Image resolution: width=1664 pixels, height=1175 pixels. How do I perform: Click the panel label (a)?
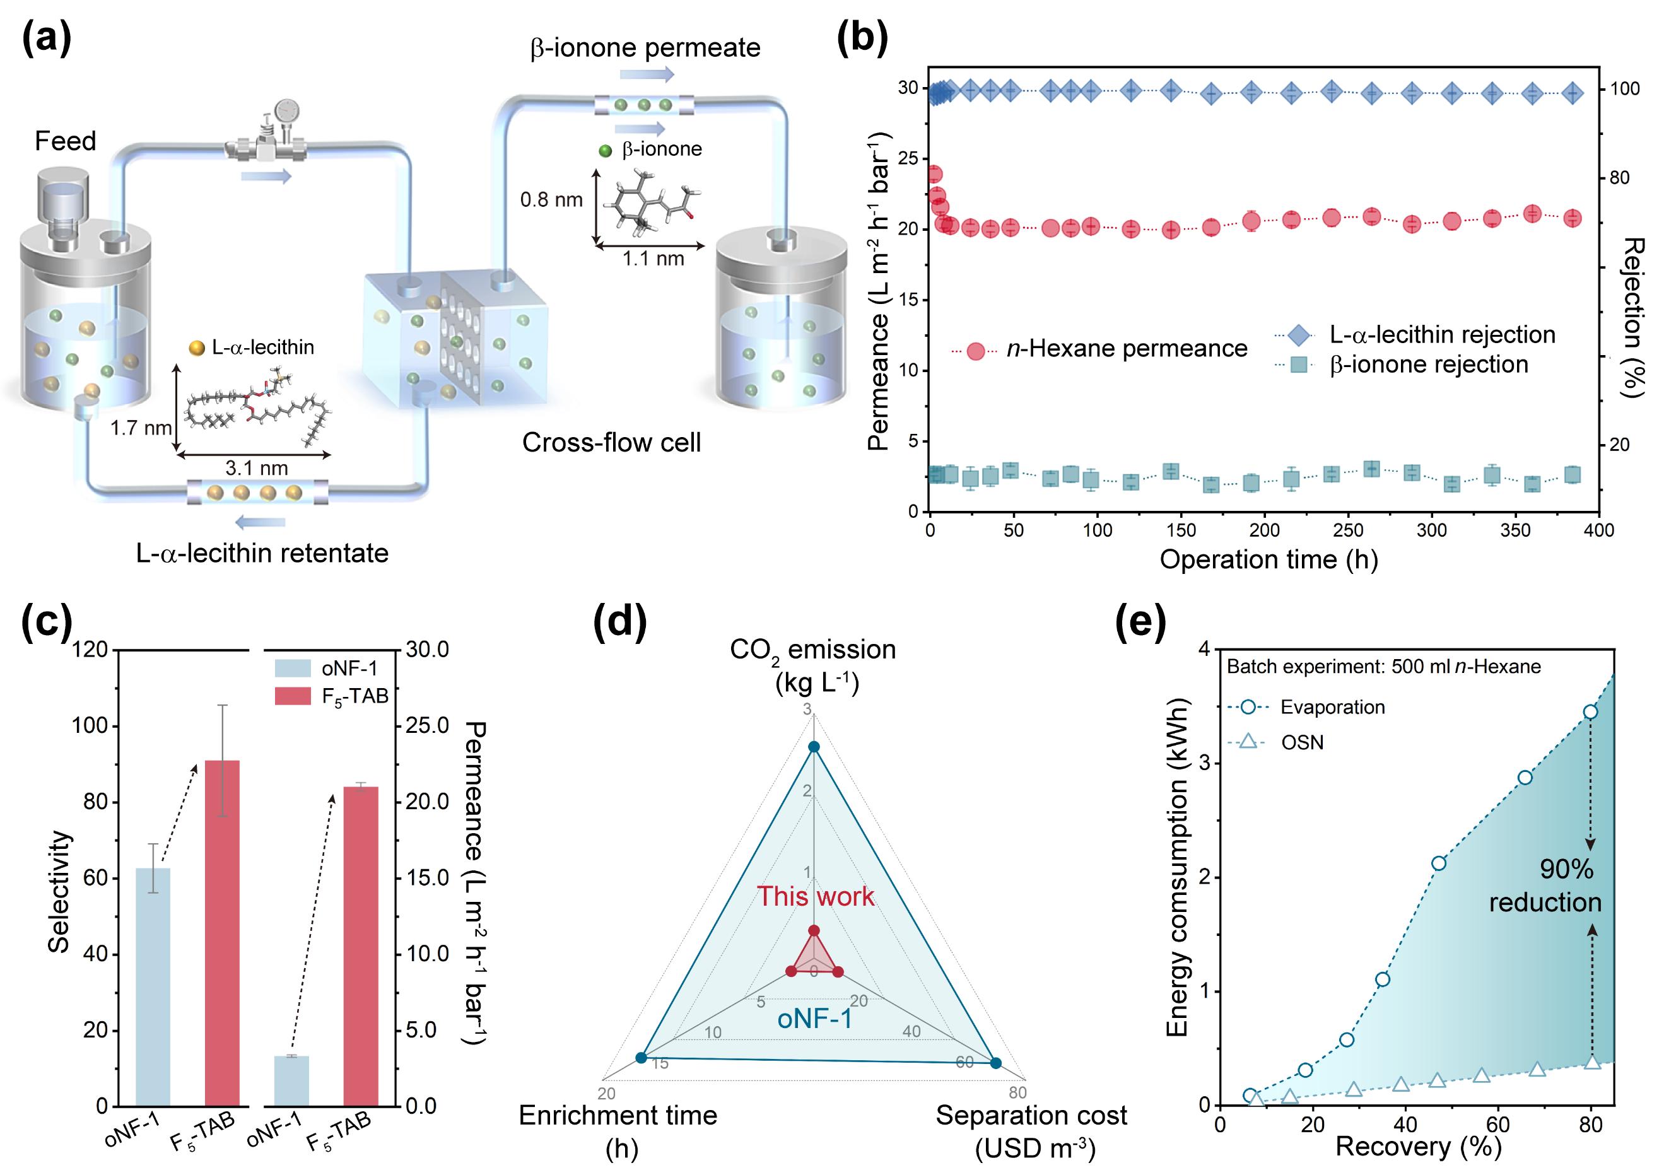[47, 38]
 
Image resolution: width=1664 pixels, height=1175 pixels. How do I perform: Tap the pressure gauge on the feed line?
[287, 112]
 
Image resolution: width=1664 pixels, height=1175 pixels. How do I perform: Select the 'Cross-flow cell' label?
[611, 442]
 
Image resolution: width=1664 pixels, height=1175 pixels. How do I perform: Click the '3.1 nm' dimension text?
[256, 468]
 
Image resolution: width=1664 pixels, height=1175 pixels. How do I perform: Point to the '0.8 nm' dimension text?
[551, 199]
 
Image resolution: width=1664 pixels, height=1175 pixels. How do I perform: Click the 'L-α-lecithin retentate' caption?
[262, 553]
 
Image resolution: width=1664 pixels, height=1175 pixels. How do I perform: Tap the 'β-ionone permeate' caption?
[645, 48]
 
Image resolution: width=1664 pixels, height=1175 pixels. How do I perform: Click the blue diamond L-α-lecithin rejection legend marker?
[1300, 335]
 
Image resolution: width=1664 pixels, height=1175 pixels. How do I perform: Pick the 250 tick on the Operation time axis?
[1348, 530]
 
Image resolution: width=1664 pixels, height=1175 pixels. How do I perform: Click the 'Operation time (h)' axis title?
[1269, 559]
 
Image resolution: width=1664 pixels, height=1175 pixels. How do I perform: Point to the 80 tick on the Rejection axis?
[1619, 178]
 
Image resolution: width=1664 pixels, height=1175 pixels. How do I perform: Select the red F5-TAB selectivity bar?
[222, 933]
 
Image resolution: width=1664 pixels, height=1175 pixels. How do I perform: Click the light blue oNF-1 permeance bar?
[291, 1080]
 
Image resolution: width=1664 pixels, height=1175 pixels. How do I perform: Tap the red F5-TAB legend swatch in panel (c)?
[293, 696]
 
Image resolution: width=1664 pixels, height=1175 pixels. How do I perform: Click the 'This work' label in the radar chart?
[816, 897]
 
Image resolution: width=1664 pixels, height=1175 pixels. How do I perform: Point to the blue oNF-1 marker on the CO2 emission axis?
[814, 747]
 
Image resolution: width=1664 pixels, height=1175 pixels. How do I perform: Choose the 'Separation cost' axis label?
[1031, 1116]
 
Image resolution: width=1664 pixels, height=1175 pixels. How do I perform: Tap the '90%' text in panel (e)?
[1566, 869]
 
